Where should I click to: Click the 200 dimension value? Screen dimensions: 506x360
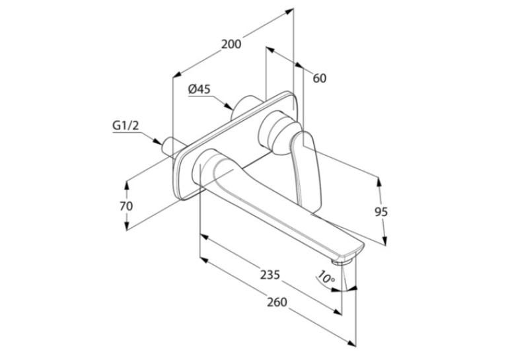click(231, 44)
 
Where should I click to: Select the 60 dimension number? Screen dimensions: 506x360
click(320, 78)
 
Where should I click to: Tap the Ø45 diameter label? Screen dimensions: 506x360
click(199, 89)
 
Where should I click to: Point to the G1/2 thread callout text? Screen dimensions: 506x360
click(126, 125)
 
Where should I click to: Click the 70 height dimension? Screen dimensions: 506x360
click(126, 206)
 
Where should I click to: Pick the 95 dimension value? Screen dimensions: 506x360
click(380, 212)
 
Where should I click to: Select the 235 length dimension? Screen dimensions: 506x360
click(270, 275)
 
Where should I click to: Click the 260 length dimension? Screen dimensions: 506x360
click(277, 303)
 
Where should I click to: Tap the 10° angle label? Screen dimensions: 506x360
click(326, 277)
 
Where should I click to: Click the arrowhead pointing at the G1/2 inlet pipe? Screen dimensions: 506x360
click(157, 141)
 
